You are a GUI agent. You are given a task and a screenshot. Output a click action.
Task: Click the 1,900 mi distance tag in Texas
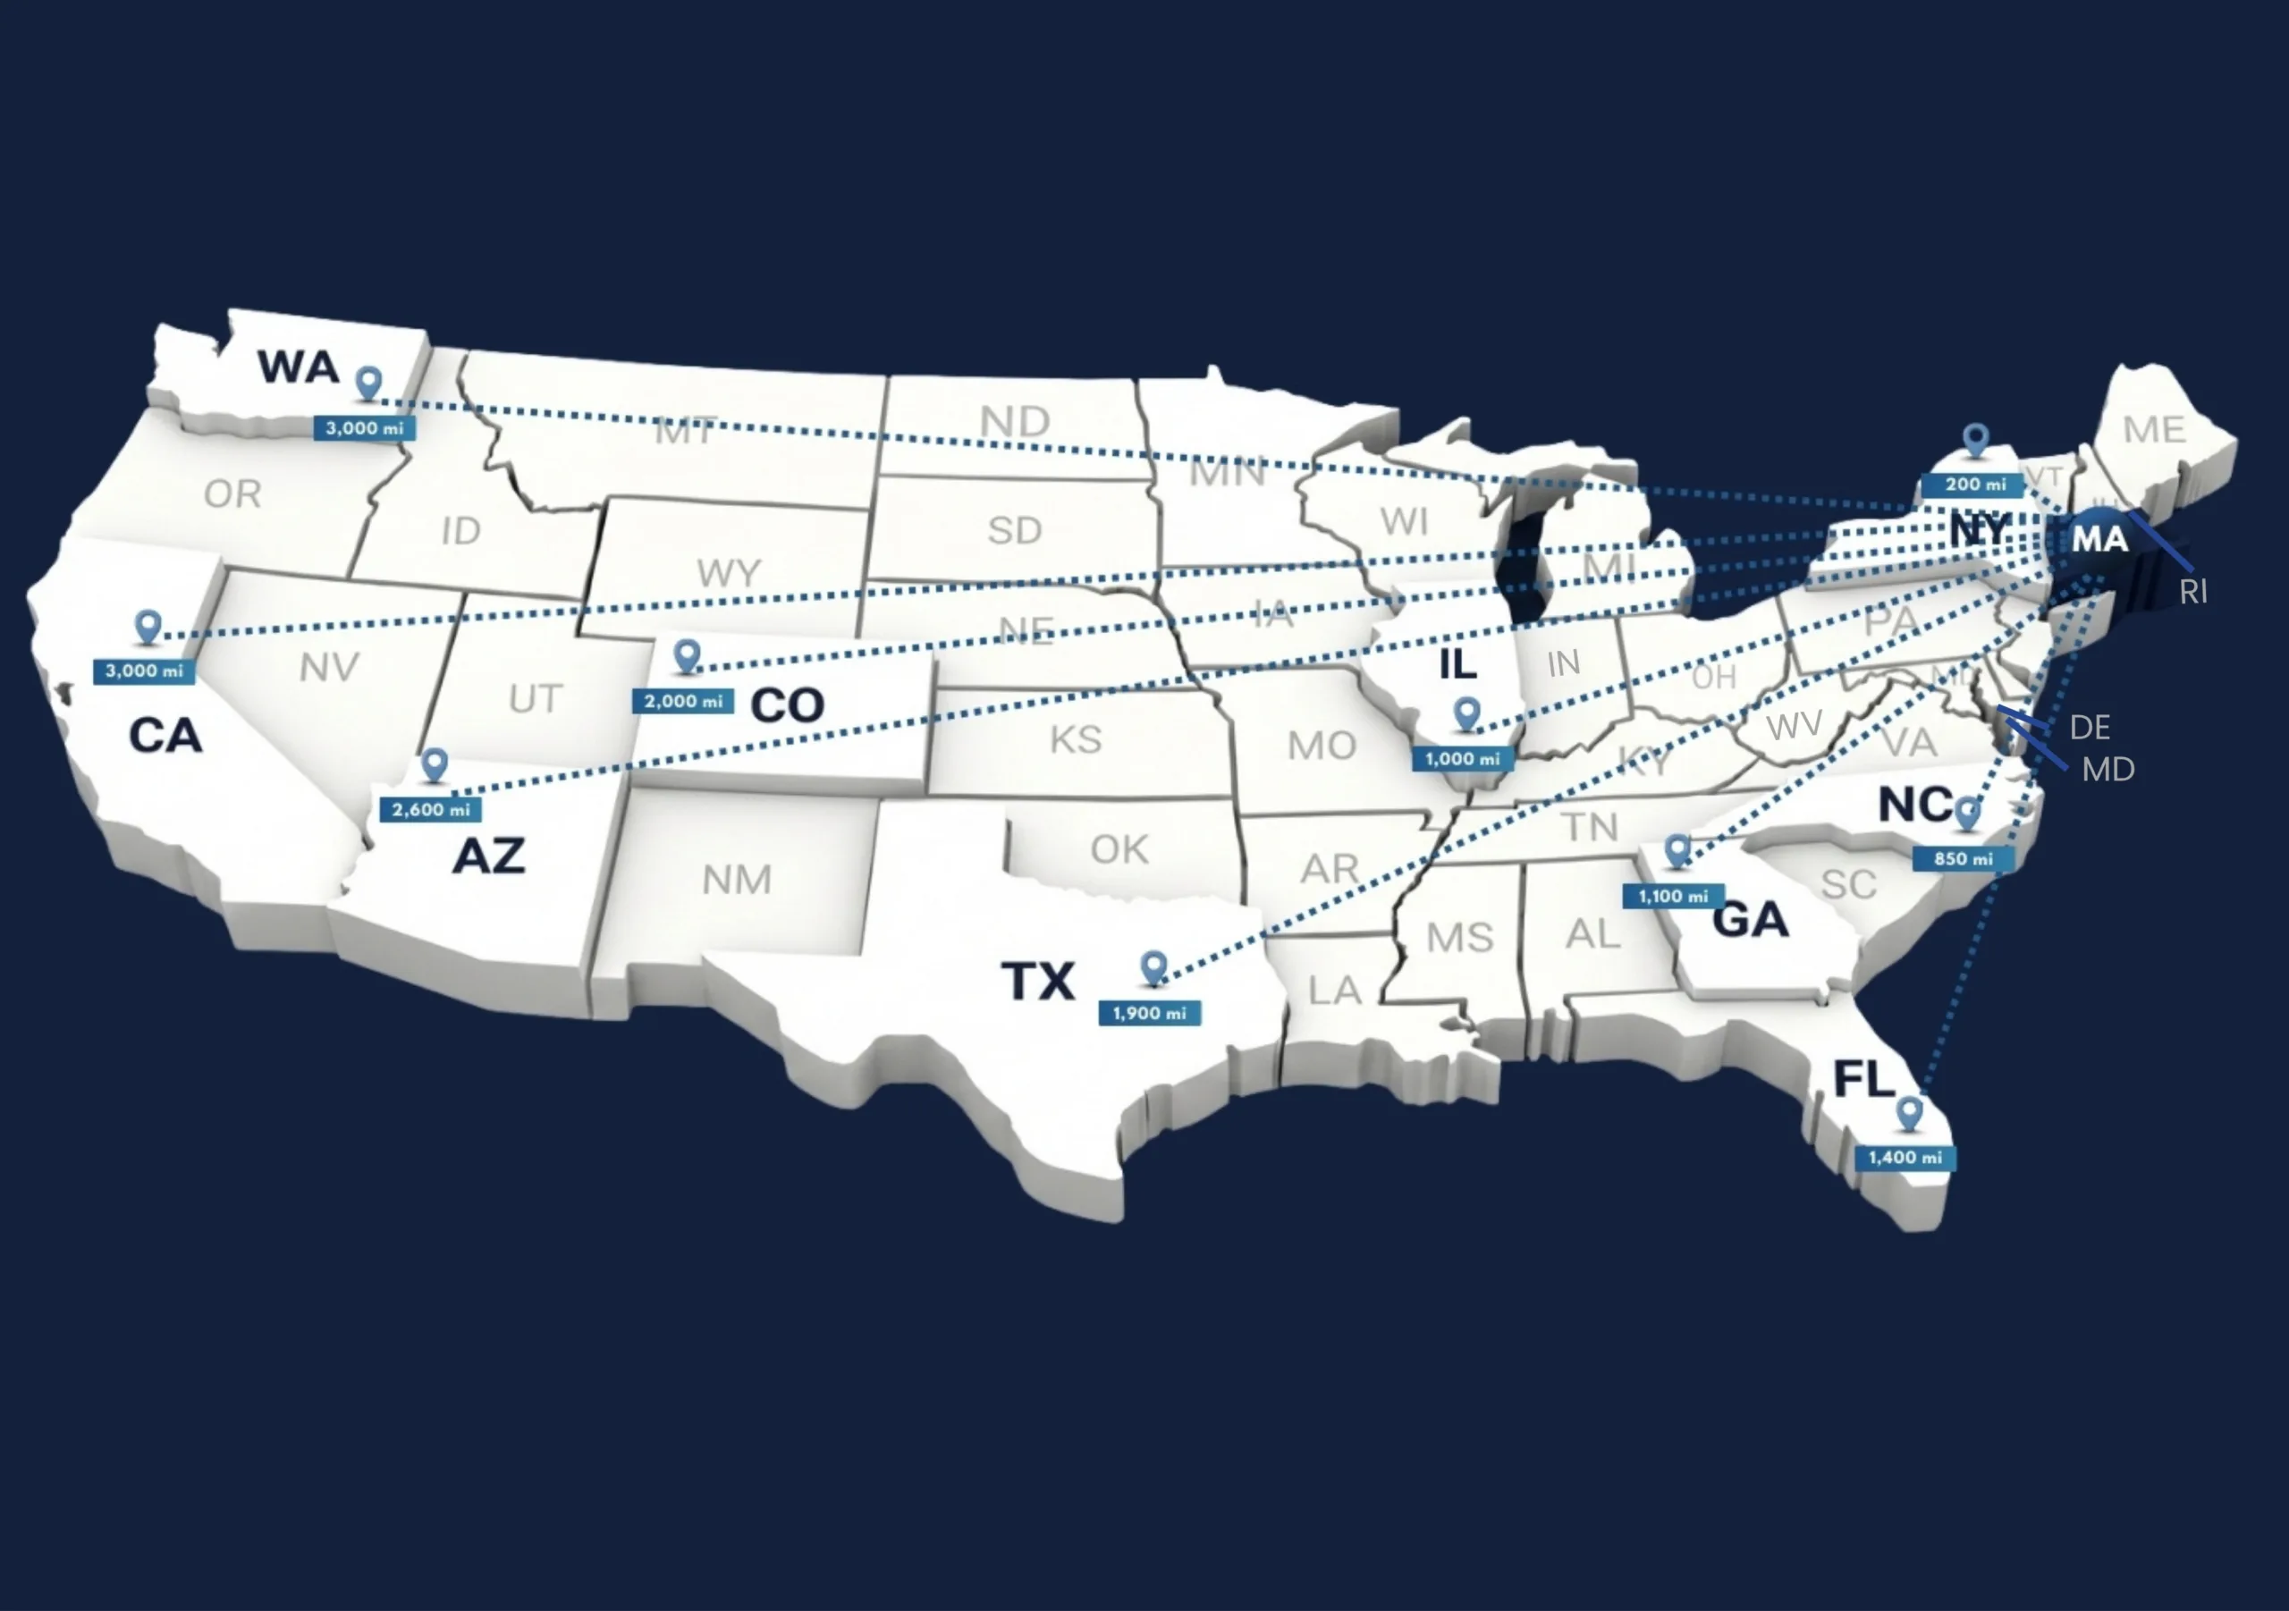coord(1150,1013)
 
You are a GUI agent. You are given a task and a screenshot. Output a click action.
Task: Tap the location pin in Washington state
coord(370,382)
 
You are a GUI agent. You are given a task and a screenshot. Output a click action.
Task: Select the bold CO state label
coord(787,705)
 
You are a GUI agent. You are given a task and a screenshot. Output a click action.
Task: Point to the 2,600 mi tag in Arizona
coord(431,809)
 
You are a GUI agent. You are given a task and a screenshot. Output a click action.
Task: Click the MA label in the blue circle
coord(2099,539)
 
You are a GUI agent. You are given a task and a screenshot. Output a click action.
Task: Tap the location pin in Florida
coord(1909,1112)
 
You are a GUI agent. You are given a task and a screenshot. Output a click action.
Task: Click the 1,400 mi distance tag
coord(1905,1158)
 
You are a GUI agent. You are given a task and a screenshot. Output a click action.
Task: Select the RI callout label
coord(2192,592)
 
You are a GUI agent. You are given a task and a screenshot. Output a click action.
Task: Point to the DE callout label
coord(2090,728)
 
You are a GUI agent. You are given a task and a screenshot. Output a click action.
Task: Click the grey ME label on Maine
coord(2153,430)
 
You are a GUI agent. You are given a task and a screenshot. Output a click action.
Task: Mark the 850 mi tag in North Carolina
coord(1963,858)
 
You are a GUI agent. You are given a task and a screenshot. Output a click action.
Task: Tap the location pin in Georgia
coord(1678,849)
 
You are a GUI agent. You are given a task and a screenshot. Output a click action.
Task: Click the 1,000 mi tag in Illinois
coord(1463,759)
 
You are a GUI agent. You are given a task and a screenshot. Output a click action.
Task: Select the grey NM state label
coord(737,880)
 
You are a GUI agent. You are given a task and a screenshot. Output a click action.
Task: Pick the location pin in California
coord(148,626)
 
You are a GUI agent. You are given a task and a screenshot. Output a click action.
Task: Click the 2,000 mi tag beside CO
coord(683,702)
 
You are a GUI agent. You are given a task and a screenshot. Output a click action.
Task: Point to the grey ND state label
coord(1015,422)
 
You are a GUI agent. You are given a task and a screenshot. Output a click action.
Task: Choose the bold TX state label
coord(1038,981)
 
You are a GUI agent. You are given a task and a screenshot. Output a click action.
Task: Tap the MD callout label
coord(2107,770)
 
